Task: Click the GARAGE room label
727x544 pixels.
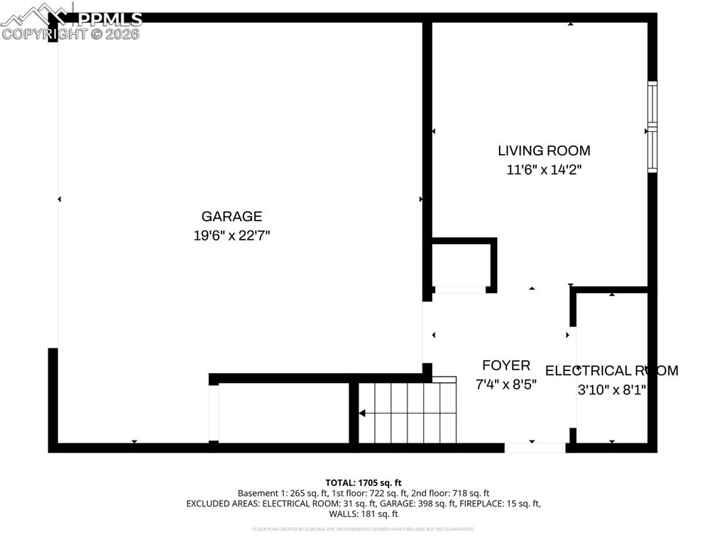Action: tap(231, 217)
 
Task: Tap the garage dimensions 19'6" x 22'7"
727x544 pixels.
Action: tap(231, 235)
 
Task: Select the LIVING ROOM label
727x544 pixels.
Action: tap(544, 150)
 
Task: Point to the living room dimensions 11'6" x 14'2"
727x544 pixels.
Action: tap(544, 170)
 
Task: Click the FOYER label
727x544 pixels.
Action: tap(506, 365)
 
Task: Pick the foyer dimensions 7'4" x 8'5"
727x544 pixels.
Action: tap(506, 384)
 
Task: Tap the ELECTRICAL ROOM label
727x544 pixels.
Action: tap(611, 370)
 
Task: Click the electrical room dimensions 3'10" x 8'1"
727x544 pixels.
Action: tap(611, 389)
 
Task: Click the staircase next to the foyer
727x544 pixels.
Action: tap(408, 413)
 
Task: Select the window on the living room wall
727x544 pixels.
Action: tap(652, 127)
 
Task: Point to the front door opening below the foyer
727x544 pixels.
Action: tap(535, 448)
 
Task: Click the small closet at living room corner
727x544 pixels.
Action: tap(461, 265)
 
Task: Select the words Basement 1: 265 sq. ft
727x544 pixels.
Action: tap(275, 493)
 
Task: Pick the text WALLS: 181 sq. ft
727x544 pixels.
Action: tap(363, 514)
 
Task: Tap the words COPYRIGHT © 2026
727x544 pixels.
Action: tap(71, 33)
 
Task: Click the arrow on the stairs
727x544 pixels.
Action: tap(362, 413)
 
